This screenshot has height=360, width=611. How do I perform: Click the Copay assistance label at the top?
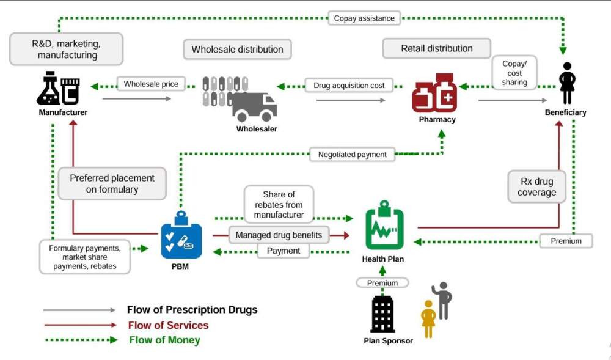coord(364,18)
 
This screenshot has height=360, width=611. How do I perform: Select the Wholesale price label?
coord(151,84)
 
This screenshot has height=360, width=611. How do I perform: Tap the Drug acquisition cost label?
coord(349,86)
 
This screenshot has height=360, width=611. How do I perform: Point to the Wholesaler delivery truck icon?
coord(254,106)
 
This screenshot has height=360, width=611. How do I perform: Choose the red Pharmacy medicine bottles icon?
coord(434,94)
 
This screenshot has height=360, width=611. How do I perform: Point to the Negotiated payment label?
coord(353,155)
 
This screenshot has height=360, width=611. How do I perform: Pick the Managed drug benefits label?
coord(279,235)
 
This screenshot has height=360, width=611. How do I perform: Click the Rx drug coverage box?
coord(537,186)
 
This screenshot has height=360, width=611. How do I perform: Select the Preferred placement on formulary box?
coord(112,183)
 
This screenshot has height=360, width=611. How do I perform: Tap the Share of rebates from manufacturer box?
coord(279,204)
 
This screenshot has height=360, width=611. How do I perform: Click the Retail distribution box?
coord(437,48)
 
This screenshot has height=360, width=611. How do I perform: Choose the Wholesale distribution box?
coord(238,50)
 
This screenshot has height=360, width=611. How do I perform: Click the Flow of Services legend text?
coord(168,325)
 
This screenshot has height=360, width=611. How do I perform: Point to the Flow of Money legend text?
coord(164,340)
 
